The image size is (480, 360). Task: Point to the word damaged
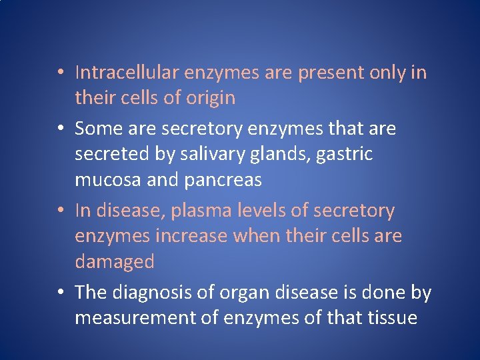coord(115,262)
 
